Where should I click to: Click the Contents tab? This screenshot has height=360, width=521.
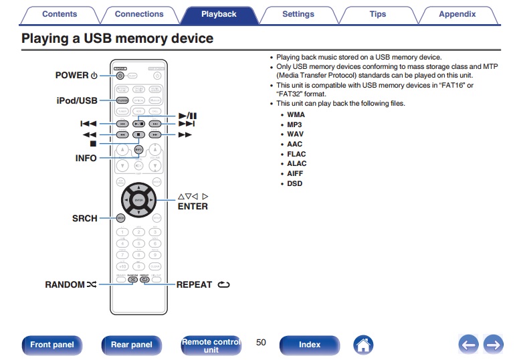(x=59, y=14)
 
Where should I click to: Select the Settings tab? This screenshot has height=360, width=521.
(x=298, y=14)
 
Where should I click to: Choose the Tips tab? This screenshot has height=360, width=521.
(x=377, y=14)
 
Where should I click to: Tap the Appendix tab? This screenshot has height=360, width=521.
(x=457, y=14)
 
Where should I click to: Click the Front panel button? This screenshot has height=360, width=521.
(x=52, y=345)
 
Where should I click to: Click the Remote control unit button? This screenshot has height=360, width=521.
(x=211, y=345)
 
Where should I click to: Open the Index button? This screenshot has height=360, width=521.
(x=310, y=345)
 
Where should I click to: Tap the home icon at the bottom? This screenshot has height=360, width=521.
(x=363, y=345)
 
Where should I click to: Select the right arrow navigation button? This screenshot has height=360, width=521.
(x=493, y=345)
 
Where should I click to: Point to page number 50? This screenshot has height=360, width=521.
(x=261, y=343)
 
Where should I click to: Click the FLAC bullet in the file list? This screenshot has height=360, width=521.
(x=296, y=154)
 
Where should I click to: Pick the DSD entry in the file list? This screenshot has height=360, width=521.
(x=294, y=183)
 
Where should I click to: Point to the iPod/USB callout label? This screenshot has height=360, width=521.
(x=77, y=100)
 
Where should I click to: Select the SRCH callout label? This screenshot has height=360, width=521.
(x=85, y=218)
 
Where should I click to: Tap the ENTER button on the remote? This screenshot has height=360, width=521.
(x=138, y=200)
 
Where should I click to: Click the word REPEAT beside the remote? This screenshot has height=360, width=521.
(x=194, y=284)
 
